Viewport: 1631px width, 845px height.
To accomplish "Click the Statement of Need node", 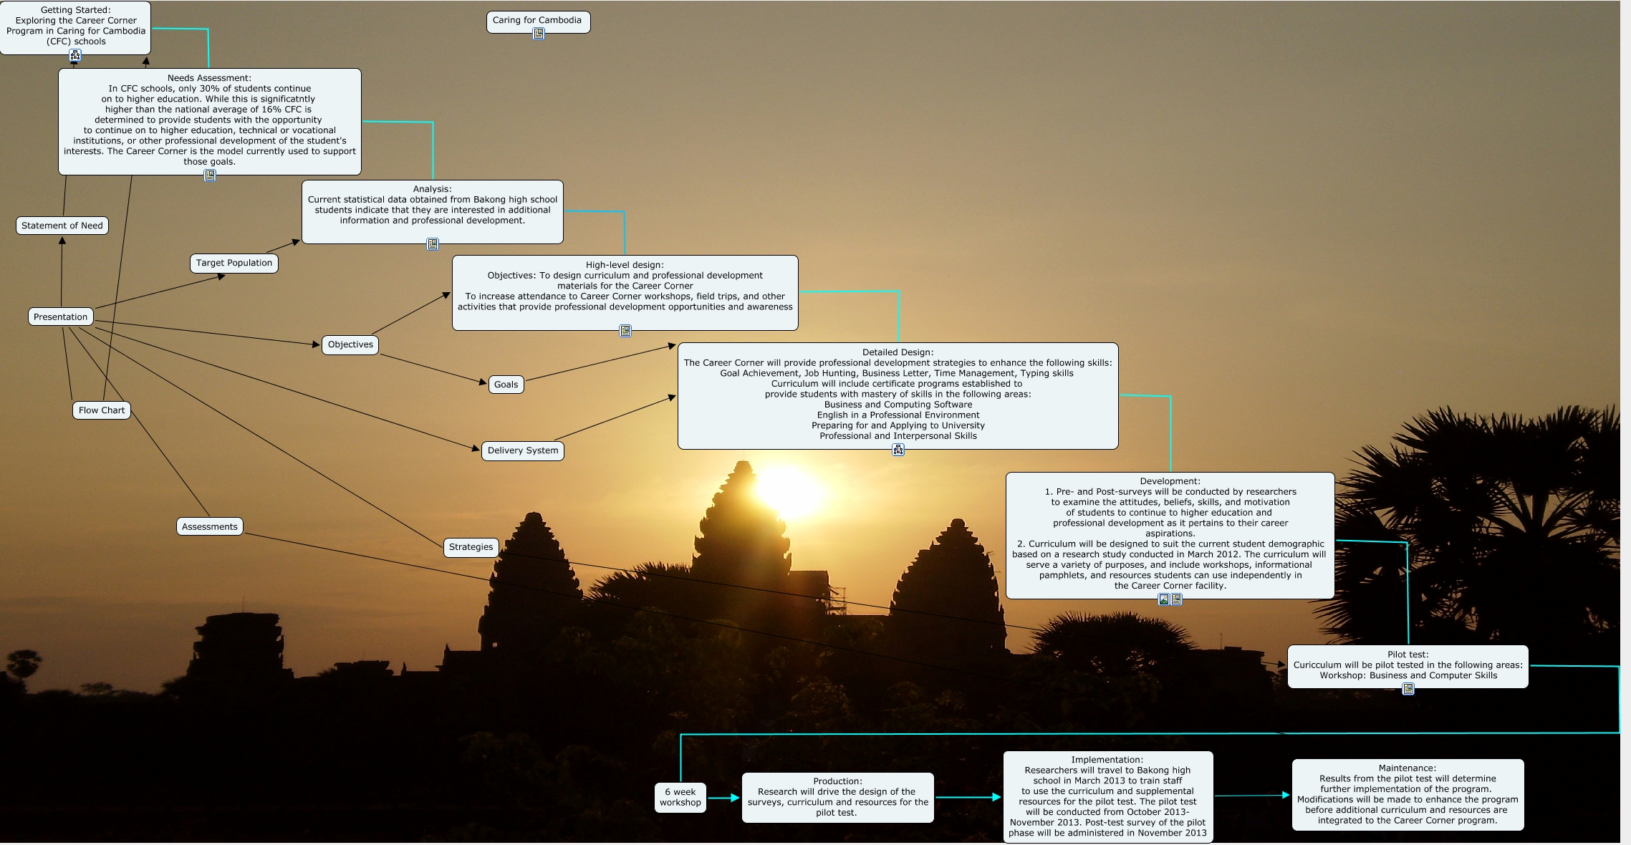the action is click(62, 226).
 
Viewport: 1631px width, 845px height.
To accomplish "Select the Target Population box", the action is click(234, 263).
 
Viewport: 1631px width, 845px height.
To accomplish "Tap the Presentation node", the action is click(61, 317).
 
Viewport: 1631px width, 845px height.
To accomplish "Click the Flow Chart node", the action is click(102, 410).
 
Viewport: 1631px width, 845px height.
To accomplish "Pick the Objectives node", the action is click(350, 344).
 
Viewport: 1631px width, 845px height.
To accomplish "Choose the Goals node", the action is click(506, 385).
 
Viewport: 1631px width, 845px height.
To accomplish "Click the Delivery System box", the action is click(523, 450).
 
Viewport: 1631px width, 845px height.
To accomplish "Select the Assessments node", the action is click(210, 526).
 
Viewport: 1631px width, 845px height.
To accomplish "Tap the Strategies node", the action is click(471, 547).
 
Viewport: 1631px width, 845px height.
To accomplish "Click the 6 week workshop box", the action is click(680, 797).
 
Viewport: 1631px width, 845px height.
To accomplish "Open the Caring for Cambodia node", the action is click(538, 21).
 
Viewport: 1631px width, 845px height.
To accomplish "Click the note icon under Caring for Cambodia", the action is click(539, 34).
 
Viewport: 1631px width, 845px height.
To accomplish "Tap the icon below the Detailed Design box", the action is click(898, 450).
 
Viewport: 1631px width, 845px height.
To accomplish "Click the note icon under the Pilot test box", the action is click(1408, 689).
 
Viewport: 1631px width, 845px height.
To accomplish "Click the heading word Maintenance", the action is click(1406, 768).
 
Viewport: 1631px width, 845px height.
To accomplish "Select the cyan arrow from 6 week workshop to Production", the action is click(723, 797).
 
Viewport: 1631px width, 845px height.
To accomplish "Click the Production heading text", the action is click(837, 781).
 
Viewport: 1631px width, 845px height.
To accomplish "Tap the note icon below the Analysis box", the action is click(433, 244).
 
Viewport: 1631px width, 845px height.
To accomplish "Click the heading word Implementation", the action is click(1107, 760).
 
